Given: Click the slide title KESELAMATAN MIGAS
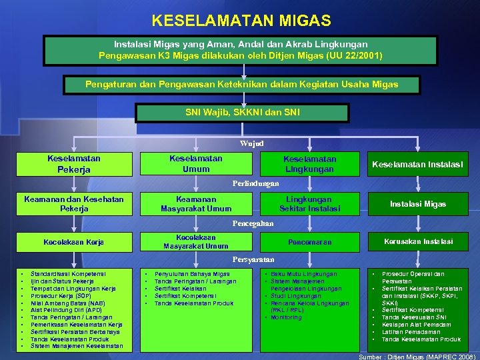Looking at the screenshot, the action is [241, 21].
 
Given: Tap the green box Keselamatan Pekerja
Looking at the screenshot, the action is [74, 164].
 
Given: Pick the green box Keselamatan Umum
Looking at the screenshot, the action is [196, 164].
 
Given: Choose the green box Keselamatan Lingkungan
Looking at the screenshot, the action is [309, 164].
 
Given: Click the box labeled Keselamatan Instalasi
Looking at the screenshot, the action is [417, 164].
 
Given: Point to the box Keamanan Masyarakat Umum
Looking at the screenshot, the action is [196, 204].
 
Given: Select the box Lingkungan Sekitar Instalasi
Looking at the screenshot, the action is [309, 204].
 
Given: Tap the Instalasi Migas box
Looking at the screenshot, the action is [417, 204].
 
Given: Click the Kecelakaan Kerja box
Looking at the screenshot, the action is [73, 242].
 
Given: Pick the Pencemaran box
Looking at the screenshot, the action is [309, 242].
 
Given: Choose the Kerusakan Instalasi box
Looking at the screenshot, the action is [418, 241].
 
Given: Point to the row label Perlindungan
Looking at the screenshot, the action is [255, 183].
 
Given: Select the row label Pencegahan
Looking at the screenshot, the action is [253, 223].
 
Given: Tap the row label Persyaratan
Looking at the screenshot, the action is [253, 259].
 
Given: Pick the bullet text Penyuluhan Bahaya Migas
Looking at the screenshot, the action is [192, 274].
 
